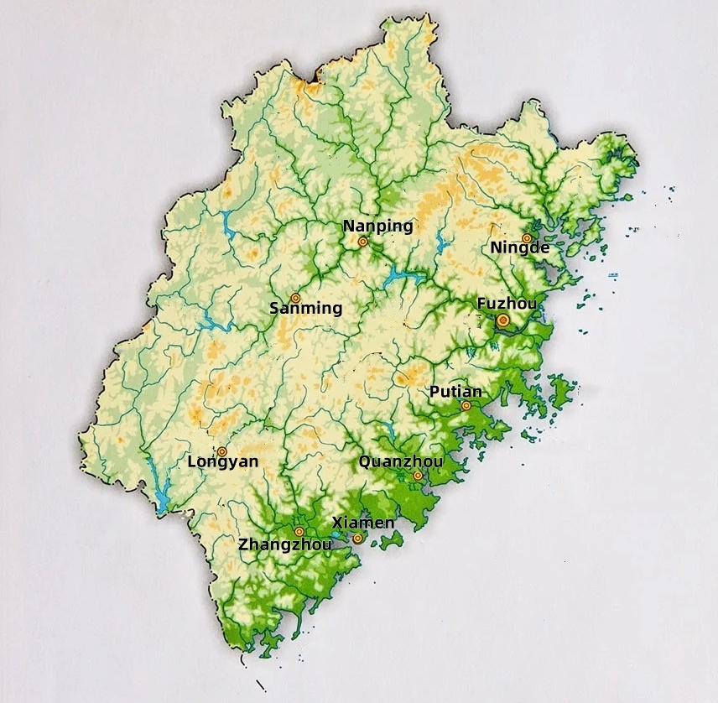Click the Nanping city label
click(x=377, y=226)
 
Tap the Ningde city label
click(x=520, y=247)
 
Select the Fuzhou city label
click(x=507, y=303)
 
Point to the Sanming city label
click(x=305, y=308)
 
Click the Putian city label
click(x=455, y=392)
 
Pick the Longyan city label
click(x=222, y=461)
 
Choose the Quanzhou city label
click(x=400, y=461)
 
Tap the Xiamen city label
click(x=363, y=523)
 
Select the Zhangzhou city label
click(x=284, y=544)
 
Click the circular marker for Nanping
click(x=363, y=242)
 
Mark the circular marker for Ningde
click(x=527, y=238)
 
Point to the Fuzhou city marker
click(x=502, y=320)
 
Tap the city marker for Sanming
click(x=295, y=298)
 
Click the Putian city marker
click(x=466, y=406)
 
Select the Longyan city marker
click(x=222, y=451)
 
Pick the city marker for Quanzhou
click(x=418, y=476)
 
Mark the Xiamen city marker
click(x=358, y=538)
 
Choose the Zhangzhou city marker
click(x=299, y=531)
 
